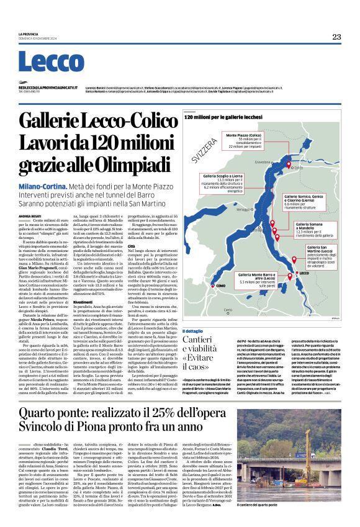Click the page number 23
click(x=336, y=37)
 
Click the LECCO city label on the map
click(x=304, y=274)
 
